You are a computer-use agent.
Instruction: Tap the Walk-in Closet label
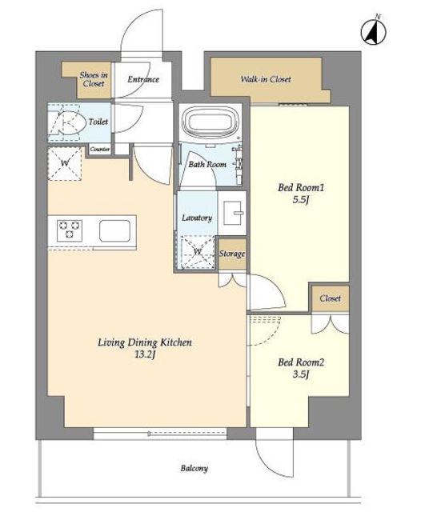tap(266, 79)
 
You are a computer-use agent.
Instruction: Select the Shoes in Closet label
tap(94, 79)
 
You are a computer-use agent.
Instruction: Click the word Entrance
tap(143, 79)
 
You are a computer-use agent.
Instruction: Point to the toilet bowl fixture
tap(65, 122)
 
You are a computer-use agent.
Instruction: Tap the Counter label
tap(100, 150)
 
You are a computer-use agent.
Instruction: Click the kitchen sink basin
tap(114, 230)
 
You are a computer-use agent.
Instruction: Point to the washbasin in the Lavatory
tap(234, 213)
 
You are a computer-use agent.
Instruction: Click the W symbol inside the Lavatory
tap(197, 252)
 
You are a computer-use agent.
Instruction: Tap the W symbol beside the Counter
tap(65, 162)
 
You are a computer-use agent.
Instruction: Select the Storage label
tap(232, 254)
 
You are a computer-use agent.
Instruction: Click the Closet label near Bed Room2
tap(330, 298)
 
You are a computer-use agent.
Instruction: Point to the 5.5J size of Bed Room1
tap(300, 199)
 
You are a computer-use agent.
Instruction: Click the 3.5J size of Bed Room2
tap(300, 374)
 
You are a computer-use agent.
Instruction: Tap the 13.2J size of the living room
tap(145, 354)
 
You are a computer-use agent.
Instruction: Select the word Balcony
tap(194, 468)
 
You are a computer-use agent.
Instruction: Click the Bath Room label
tap(207, 164)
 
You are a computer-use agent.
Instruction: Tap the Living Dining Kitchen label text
tap(145, 342)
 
